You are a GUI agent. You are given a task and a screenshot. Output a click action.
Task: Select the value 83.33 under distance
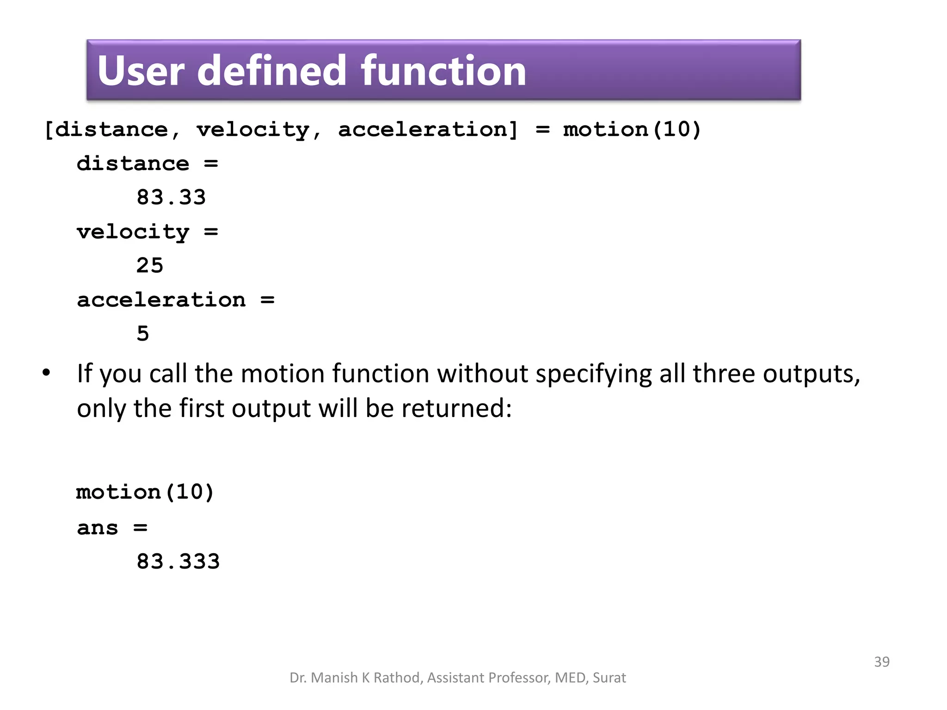coord(171,197)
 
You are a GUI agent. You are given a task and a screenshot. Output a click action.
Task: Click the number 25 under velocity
coord(150,265)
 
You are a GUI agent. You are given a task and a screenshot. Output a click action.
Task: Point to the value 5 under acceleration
coord(143,333)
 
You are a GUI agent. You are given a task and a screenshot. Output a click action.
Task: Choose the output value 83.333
coord(178,561)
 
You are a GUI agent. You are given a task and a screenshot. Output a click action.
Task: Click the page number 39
coord(881,661)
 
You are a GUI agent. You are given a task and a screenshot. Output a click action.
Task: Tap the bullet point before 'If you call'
coord(46,373)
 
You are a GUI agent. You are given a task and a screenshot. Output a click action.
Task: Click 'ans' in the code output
coord(98,527)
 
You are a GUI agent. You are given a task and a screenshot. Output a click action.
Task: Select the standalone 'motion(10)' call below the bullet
coord(145,492)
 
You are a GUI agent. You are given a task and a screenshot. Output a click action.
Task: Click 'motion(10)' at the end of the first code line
coord(632,129)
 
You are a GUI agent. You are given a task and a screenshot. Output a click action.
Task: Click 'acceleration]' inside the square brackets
coord(428,129)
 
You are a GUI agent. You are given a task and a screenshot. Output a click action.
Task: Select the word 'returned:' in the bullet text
coord(456,409)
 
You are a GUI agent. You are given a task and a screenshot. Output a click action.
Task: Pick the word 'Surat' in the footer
coord(609,678)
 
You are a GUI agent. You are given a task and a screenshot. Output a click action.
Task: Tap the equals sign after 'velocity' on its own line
coord(211,232)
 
